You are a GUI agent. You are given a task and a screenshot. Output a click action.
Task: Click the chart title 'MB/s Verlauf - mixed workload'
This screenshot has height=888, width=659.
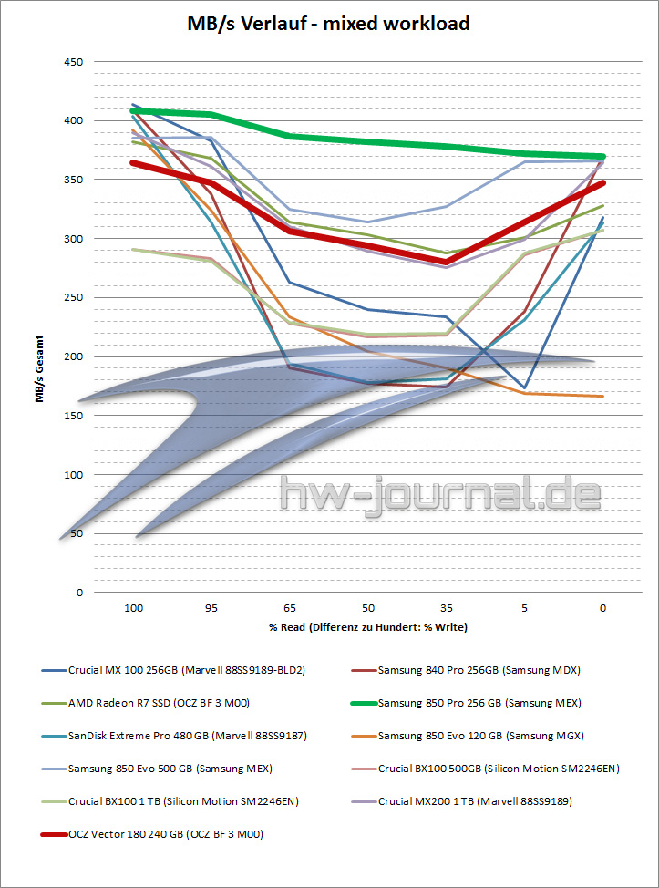click(328, 24)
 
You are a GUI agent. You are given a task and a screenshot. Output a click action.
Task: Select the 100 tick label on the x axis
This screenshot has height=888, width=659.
click(132, 607)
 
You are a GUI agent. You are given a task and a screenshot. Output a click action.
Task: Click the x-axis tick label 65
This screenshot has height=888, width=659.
click(289, 607)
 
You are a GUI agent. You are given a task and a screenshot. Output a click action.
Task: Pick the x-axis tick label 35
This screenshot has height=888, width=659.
click(446, 607)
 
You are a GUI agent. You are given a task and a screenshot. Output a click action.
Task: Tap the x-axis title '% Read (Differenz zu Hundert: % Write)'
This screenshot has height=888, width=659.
click(367, 627)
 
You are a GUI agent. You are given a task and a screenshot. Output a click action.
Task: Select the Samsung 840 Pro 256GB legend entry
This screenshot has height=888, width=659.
click(479, 670)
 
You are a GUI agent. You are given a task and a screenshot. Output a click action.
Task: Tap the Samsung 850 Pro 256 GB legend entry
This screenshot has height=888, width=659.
click(479, 703)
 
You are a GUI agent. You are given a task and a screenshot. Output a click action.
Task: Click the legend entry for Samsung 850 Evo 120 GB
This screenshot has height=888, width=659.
click(480, 736)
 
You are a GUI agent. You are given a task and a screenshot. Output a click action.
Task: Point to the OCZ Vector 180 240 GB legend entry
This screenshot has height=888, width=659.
click(165, 834)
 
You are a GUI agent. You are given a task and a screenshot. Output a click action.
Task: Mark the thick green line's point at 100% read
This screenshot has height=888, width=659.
click(133, 111)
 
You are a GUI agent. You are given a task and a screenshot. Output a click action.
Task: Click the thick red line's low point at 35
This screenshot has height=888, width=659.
click(446, 262)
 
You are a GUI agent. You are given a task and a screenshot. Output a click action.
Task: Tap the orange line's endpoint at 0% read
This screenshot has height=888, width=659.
click(602, 397)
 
